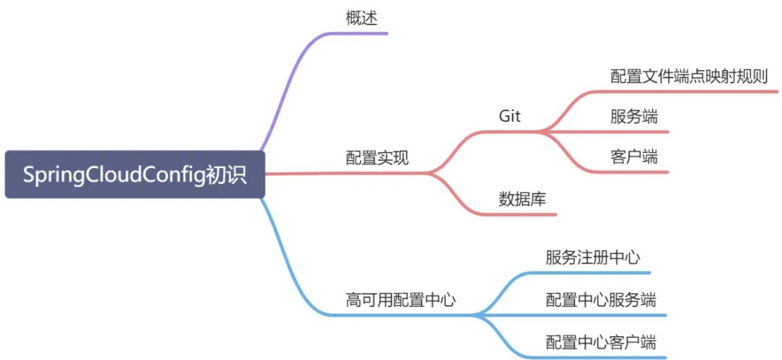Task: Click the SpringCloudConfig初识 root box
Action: (135, 175)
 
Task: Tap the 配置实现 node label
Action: (377, 158)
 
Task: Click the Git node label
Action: (510, 116)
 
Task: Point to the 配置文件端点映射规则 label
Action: (689, 77)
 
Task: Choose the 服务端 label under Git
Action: (634, 117)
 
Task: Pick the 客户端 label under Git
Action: (634, 156)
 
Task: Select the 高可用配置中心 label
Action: (400, 300)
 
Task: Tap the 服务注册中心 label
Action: (592, 257)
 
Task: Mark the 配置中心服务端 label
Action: (601, 299)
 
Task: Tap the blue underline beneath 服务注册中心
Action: (594, 273)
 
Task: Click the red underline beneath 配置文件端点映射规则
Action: (688, 92)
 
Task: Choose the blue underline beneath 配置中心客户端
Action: (601, 356)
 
